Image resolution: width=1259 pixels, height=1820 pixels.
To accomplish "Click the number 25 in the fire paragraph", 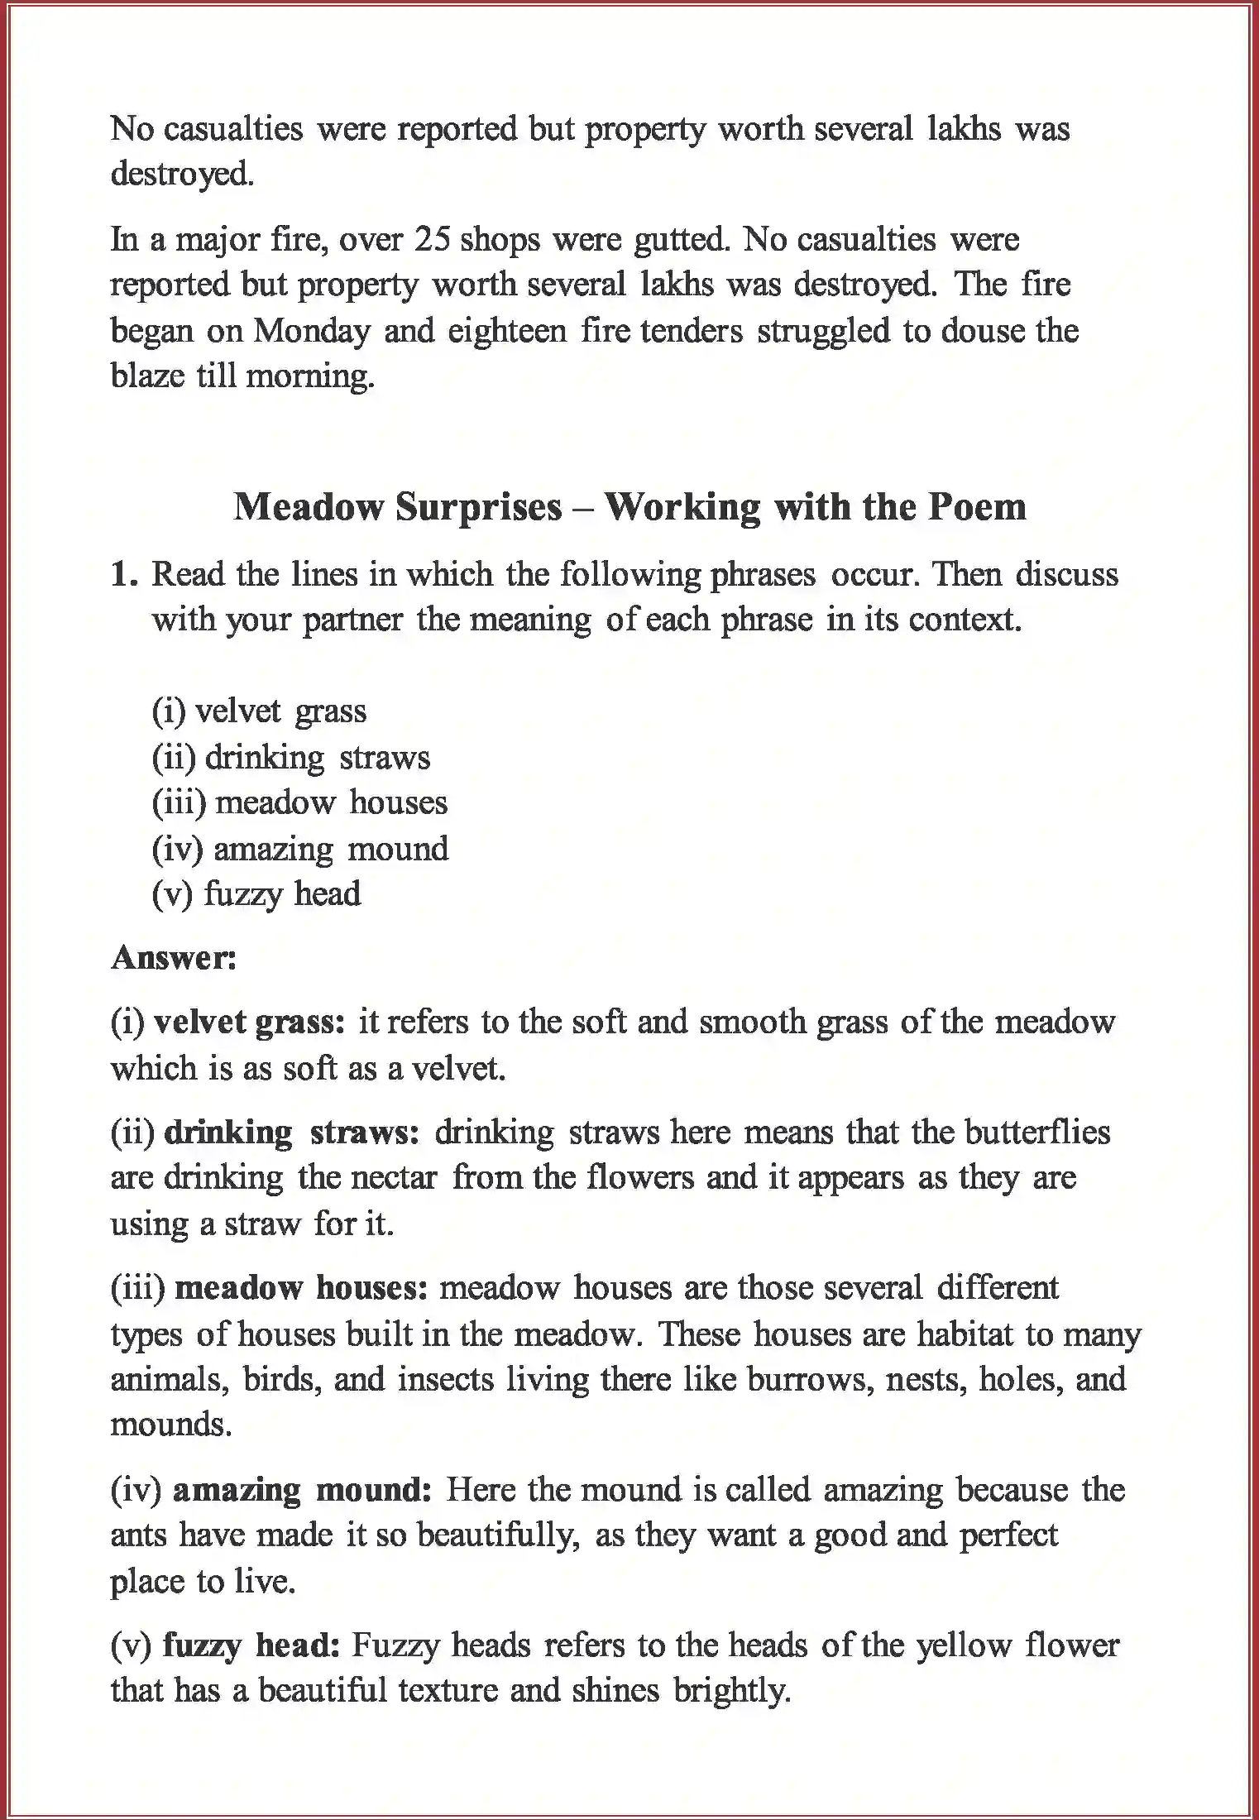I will coord(431,240).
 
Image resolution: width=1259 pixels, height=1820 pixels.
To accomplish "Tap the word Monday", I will coord(312,331).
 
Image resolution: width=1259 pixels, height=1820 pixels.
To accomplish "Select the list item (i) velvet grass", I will coord(259,711).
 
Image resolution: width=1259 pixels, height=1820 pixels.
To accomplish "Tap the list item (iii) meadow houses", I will coord(299,802).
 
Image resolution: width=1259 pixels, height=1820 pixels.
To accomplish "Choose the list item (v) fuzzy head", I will coord(256,894).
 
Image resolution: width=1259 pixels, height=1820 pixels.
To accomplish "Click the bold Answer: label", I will coord(174,958).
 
